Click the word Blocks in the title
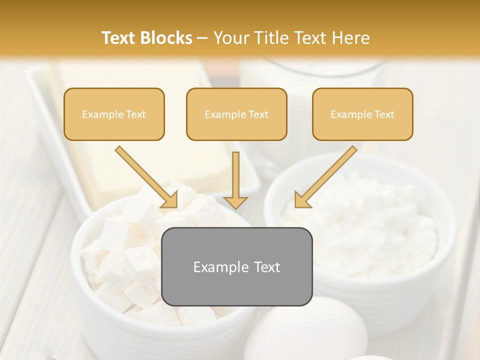tap(167, 38)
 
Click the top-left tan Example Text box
tap(114, 114)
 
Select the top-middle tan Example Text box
tap(236, 114)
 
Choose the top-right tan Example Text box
tap(362, 114)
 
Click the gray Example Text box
tap(237, 267)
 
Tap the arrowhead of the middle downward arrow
tap(235, 202)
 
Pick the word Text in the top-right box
tap(384, 114)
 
